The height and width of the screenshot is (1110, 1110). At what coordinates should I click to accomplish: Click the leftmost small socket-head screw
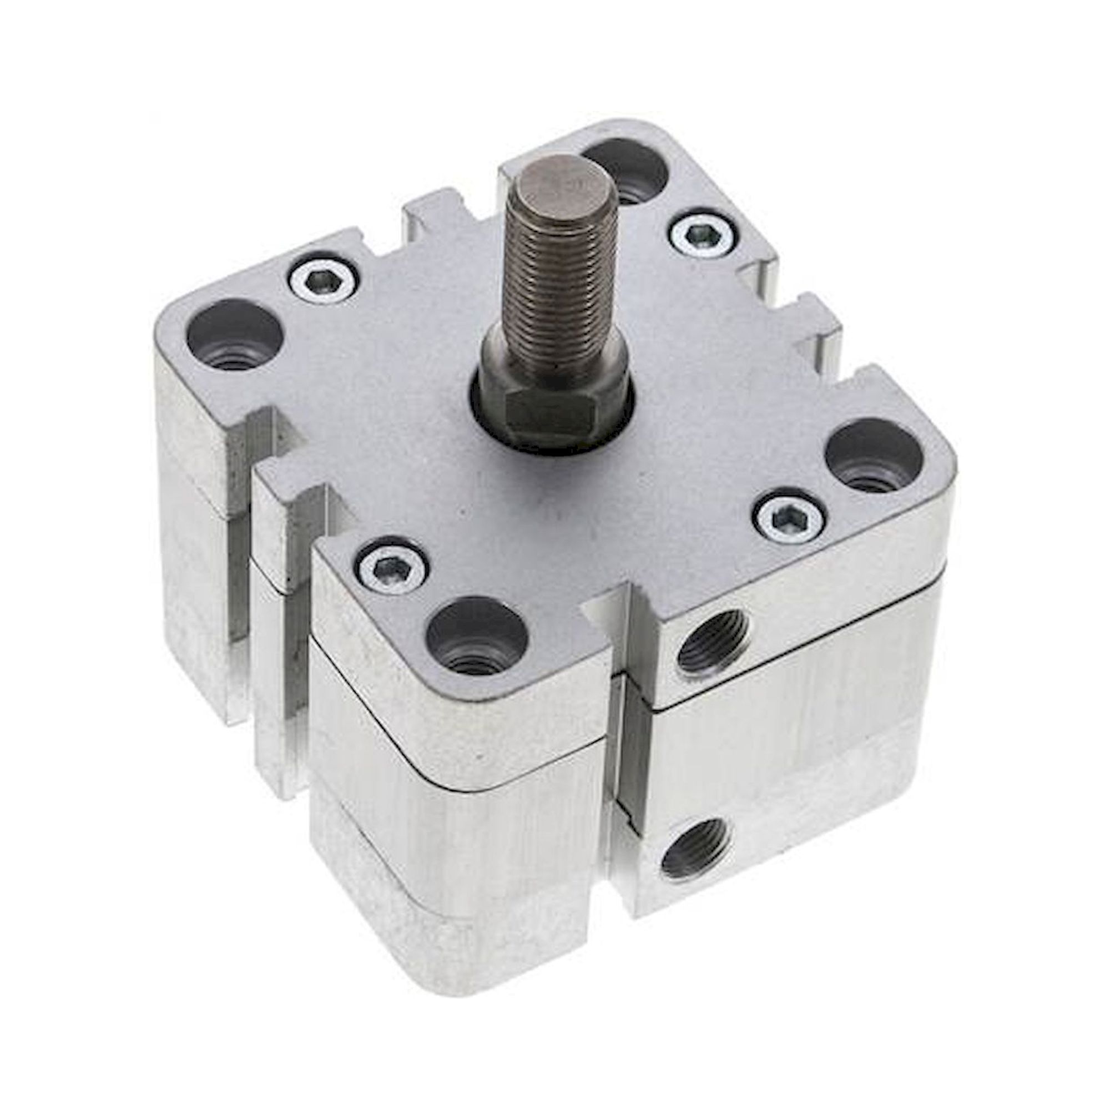coord(323,281)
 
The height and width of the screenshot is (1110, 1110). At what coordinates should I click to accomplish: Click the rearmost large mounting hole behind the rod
coord(627,175)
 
